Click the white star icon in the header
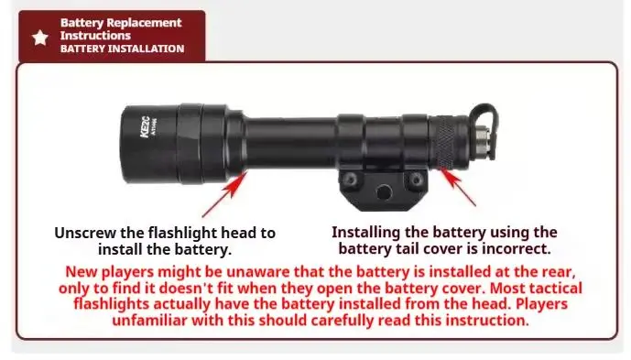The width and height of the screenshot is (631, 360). (x=40, y=38)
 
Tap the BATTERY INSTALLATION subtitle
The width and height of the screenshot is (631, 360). (x=123, y=49)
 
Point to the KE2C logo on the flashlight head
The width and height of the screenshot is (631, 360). (x=146, y=126)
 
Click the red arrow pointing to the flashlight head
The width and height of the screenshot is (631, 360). (x=225, y=193)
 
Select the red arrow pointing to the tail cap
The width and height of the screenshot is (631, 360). (x=458, y=187)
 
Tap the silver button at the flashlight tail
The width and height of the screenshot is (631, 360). (x=482, y=137)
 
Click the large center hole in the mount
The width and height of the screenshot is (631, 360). (x=383, y=191)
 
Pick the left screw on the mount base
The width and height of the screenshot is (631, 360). (x=350, y=180)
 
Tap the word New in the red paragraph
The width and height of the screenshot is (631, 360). (x=81, y=272)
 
